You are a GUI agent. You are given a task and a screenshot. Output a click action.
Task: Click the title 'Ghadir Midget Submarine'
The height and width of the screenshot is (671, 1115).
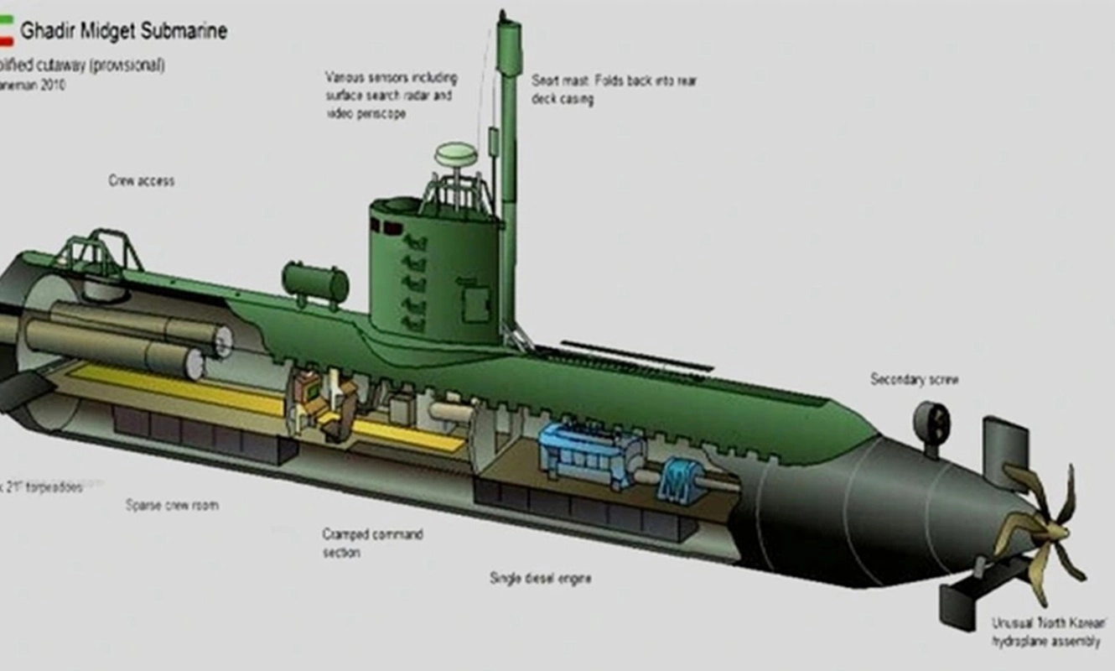pos(123,32)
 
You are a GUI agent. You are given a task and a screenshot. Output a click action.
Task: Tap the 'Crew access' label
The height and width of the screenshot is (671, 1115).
pos(142,180)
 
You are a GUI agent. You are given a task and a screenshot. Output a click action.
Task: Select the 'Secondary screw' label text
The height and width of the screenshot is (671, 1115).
pos(914,380)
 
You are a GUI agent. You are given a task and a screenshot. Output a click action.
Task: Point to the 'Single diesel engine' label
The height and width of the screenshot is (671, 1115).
pos(541,578)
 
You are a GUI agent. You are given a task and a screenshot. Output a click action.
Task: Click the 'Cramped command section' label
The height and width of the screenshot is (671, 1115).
pos(372,543)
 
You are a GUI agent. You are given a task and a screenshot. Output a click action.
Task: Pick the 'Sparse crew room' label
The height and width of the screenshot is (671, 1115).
pos(172,505)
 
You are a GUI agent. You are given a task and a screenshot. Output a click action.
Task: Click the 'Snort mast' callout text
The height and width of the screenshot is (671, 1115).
pos(614,90)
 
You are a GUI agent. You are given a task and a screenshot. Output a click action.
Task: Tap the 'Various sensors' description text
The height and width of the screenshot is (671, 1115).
pos(391,95)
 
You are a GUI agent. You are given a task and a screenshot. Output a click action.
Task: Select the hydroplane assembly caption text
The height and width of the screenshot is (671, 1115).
pos(1045,632)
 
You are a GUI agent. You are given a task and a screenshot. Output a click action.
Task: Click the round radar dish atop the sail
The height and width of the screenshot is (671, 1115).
pos(455,154)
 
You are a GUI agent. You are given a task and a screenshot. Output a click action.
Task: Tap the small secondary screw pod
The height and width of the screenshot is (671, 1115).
pos(931,424)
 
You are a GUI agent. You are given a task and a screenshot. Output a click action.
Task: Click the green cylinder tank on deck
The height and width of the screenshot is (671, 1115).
pos(315,283)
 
